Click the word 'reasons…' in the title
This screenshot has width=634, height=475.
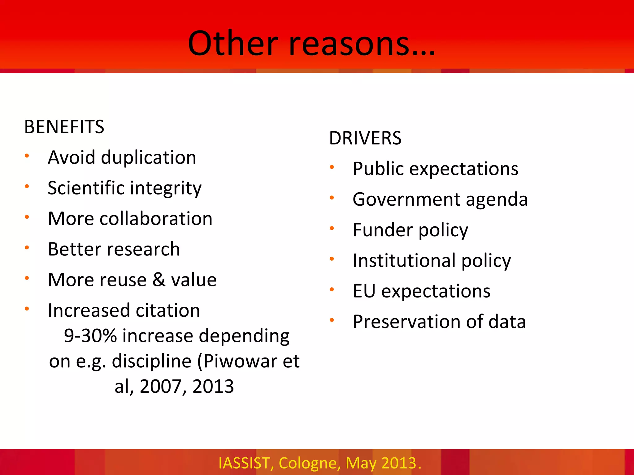click(x=362, y=44)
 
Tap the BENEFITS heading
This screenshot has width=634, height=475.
click(x=64, y=127)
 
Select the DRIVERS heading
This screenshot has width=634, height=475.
click(x=365, y=138)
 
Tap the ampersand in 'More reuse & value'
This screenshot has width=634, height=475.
click(x=159, y=280)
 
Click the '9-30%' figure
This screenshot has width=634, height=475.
click(x=90, y=336)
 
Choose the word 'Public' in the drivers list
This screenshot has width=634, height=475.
click(x=378, y=169)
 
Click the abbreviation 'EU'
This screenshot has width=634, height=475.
click(x=364, y=291)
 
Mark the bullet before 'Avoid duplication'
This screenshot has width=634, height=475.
click(x=27, y=156)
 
